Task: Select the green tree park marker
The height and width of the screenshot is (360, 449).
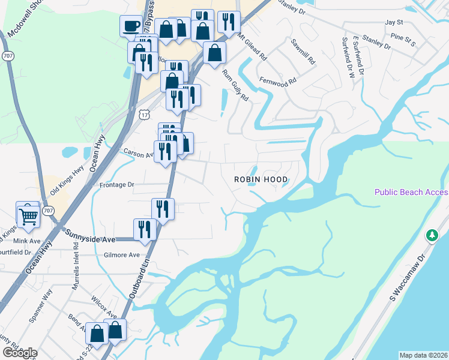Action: (x=431, y=235)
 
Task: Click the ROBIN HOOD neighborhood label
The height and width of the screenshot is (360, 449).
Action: (x=261, y=179)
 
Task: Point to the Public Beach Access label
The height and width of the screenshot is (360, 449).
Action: (x=411, y=192)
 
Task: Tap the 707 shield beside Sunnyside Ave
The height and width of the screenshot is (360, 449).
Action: (x=49, y=211)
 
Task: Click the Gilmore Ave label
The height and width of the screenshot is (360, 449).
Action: (x=121, y=255)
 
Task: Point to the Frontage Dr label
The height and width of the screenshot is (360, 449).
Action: (x=116, y=185)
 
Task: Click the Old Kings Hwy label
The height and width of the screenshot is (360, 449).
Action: (x=66, y=176)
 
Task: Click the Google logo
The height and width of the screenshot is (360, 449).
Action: (x=20, y=352)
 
